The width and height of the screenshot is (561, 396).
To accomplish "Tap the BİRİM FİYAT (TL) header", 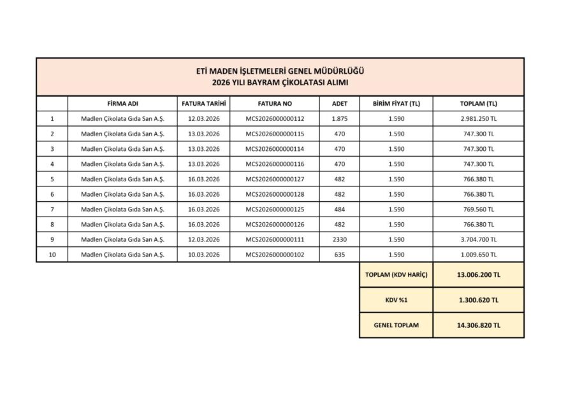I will tap(395, 103).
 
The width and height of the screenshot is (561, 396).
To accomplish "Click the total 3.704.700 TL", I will tap(478, 239).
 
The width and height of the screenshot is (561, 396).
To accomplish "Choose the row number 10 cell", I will tap(52, 255).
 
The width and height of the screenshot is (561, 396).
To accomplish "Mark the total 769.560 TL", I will tap(478, 209).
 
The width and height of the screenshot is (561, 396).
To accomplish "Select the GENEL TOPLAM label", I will tap(396, 325).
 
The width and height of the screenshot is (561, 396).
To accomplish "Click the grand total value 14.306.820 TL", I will tap(478, 325).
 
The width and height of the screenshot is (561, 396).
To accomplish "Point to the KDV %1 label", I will tap(396, 300).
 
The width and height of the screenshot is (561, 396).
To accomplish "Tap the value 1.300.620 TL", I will tap(478, 300).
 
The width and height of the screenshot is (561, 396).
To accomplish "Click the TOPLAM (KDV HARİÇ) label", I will tap(396, 275).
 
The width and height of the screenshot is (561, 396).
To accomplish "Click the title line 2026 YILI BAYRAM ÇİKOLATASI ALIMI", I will tap(280, 83).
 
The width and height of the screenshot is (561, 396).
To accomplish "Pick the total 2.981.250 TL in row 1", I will tap(478, 118).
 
